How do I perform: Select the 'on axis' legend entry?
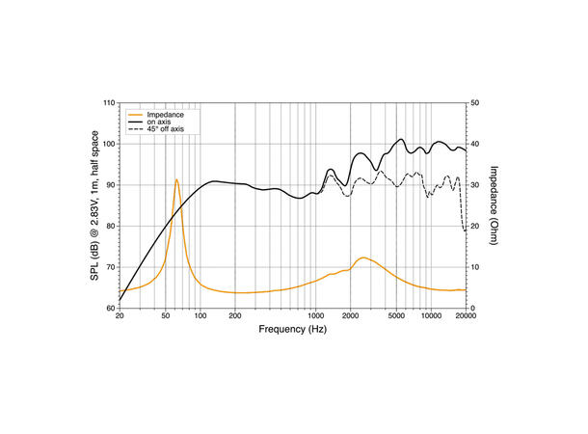162,121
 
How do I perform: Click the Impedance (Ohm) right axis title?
493,204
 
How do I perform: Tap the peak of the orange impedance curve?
176,179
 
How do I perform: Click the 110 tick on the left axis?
108,103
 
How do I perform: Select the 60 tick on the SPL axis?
110,308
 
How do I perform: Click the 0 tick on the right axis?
472,308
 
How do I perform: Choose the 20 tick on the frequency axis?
120,316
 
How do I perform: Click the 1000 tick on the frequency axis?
315,316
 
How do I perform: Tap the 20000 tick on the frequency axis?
466,316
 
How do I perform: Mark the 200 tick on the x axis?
235,316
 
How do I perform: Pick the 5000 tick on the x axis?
396,316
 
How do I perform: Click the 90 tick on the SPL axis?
110,185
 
